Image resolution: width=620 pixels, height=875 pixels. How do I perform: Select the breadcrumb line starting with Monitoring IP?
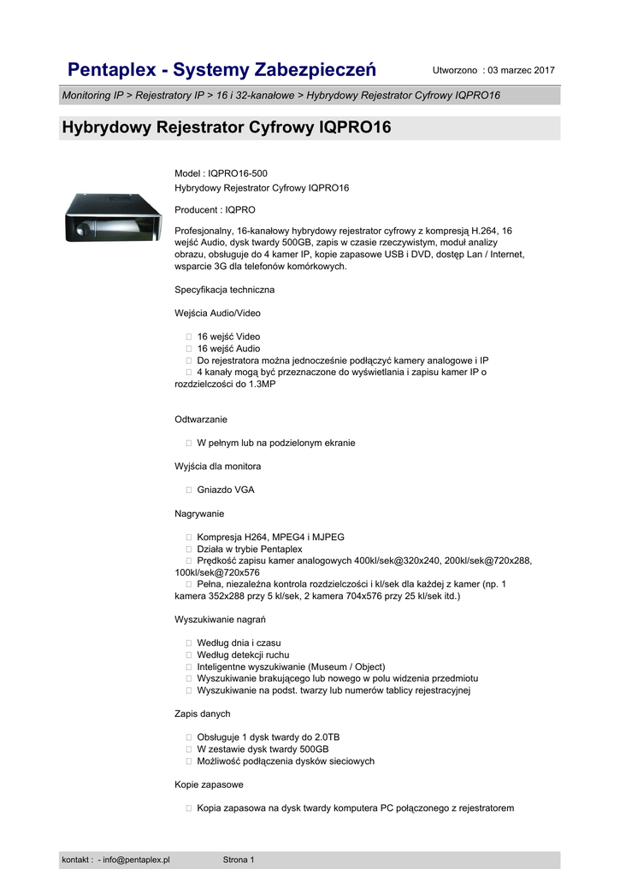click(281, 96)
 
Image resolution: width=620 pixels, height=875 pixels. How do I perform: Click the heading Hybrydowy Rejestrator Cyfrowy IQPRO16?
click(227, 128)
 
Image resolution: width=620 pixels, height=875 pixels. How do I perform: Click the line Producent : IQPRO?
click(215, 209)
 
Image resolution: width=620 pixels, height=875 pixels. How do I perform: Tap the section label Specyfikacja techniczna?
click(224, 290)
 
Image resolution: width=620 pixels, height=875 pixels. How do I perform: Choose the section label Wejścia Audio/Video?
click(217, 314)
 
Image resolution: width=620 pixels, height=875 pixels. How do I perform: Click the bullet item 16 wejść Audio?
click(228, 349)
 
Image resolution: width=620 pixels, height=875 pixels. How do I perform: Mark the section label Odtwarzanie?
click(201, 420)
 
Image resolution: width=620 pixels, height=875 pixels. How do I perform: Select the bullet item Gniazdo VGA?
click(225, 490)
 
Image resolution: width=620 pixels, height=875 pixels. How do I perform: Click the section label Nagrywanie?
click(199, 514)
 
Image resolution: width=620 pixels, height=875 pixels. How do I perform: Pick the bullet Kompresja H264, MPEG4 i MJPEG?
click(270, 537)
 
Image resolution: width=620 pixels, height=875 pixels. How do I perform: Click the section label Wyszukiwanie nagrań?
click(221, 620)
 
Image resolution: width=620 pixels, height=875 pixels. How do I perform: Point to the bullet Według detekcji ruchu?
click(244, 655)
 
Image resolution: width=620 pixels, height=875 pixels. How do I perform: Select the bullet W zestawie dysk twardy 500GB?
click(263, 749)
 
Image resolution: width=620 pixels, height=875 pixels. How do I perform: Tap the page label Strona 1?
click(239, 859)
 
